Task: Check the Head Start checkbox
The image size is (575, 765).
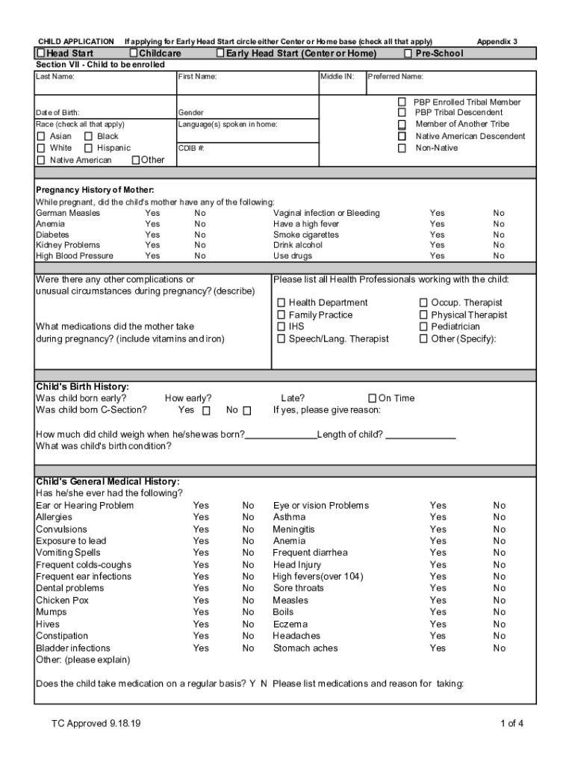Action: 42,54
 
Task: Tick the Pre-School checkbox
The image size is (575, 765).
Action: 408,54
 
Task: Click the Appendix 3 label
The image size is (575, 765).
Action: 497,41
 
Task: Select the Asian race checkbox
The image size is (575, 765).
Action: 42,137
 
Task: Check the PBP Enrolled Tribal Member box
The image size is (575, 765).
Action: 402,102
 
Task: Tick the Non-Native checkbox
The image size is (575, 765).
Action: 402,148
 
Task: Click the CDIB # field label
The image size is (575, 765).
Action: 191,148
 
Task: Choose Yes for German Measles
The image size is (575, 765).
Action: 152,213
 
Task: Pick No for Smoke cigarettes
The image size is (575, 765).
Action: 499,235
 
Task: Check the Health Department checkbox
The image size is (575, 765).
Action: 282,303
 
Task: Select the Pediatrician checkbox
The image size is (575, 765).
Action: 423,326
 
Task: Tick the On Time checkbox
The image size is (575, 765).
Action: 373,398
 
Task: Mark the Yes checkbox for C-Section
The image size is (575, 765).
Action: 207,410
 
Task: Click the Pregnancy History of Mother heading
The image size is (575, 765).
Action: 95,191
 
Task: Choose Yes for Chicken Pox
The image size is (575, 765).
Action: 201,600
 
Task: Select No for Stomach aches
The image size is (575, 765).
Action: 499,648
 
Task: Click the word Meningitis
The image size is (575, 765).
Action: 293,529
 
